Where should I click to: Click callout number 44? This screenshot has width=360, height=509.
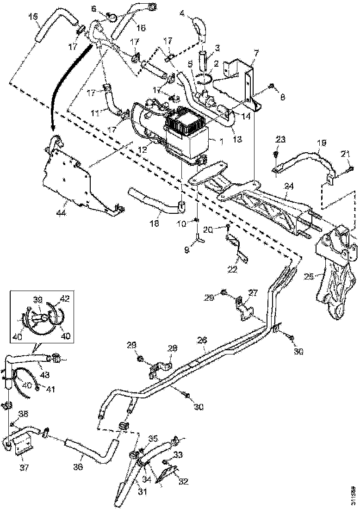(x=60, y=213)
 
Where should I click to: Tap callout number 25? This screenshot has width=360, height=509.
(x=309, y=277)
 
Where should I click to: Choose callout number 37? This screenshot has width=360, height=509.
(x=23, y=468)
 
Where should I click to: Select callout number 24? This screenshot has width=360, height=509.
(x=289, y=186)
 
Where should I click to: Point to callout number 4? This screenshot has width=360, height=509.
(x=182, y=14)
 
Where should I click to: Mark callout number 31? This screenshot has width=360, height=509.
(x=142, y=491)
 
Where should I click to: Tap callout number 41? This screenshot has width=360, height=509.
(x=50, y=389)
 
